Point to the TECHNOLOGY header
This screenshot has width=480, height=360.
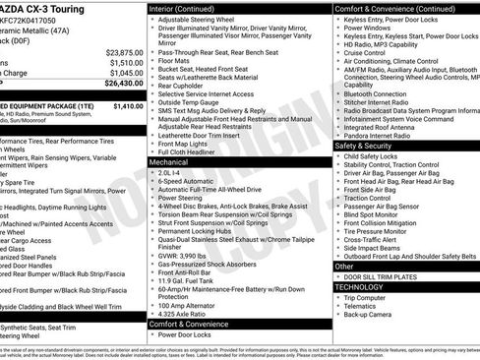tap(368, 287)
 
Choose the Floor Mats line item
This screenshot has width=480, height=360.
tap(178, 61)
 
